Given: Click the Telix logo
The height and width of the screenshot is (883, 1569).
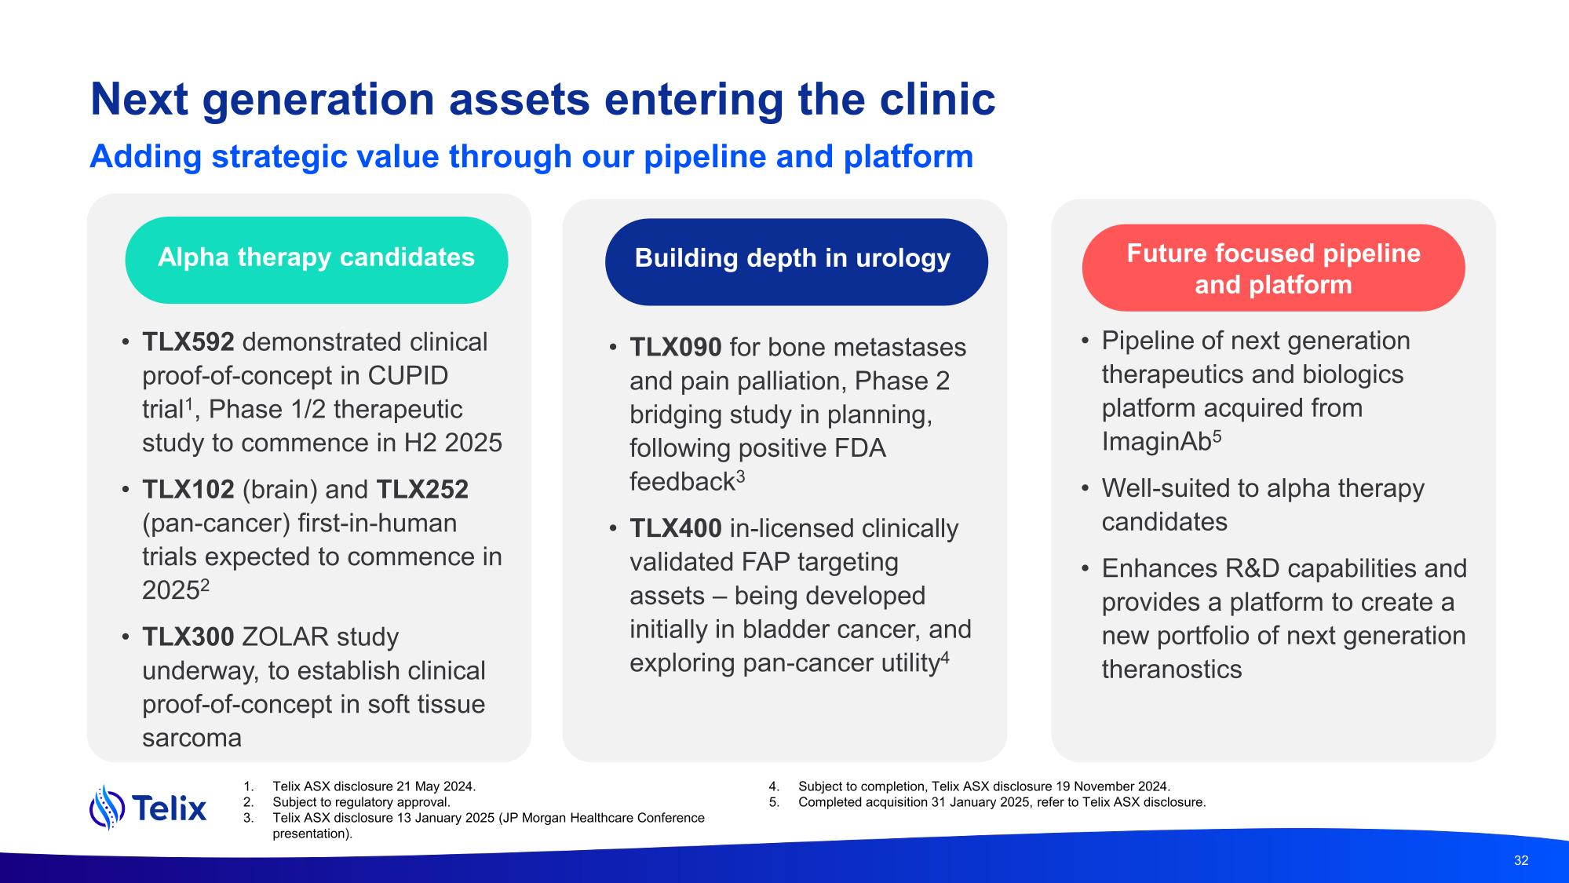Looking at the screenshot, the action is click(x=148, y=807).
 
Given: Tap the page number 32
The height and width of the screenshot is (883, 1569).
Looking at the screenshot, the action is click(x=1521, y=860).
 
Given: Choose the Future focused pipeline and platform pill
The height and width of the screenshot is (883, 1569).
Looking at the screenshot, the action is click(x=1273, y=268).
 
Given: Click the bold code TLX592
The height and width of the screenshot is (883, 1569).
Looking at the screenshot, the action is click(x=188, y=342).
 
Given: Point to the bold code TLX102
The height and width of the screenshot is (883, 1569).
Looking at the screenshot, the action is click(x=188, y=490).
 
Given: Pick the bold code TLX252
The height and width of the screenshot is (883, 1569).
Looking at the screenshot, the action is click(x=422, y=490).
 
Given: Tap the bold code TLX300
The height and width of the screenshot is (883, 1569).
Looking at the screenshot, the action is click(x=188, y=637).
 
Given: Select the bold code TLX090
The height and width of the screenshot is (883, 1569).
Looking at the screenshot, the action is click(x=676, y=347).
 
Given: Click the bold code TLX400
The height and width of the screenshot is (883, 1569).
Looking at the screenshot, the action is click(x=676, y=528).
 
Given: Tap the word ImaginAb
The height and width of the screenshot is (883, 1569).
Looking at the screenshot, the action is click(x=1156, y=442).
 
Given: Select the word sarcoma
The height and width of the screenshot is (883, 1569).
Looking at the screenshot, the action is click(x=192, y=738).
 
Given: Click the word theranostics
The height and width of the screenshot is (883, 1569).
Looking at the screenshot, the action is click(x=1172, y=670).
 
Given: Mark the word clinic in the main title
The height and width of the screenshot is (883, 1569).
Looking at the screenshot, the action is click(x=936, y=100).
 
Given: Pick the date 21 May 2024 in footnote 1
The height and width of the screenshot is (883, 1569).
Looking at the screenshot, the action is click(x=442, y=786).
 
